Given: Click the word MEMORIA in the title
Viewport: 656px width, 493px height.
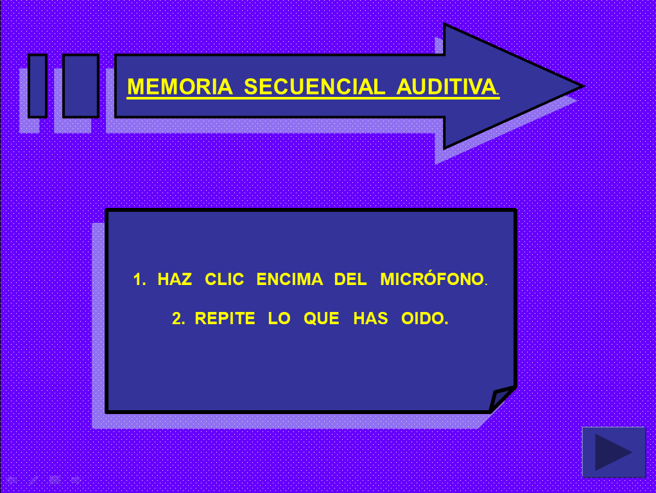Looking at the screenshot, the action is point(180,87).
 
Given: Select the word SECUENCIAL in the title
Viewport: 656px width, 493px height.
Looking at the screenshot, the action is point(314,87).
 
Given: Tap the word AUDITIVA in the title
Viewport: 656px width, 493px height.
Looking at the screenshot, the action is point(446,87).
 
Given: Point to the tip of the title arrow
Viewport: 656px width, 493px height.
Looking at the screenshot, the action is point(583,87).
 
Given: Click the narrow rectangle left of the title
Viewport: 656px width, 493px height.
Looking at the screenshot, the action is point(38,86).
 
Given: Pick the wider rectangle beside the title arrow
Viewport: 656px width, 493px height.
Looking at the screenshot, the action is point(81,86).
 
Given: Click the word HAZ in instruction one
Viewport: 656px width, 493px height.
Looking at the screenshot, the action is point(175,279).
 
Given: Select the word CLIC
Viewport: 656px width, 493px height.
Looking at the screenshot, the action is point(224,279).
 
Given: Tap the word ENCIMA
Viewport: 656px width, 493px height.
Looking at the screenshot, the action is point(289,279).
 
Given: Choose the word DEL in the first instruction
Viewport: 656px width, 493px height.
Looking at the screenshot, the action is point(350,279).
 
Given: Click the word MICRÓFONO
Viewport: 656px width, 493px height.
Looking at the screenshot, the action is point(432,279).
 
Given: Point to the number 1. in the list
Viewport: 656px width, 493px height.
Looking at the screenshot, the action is point(139,279).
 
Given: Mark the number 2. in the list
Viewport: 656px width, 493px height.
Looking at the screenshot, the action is point(178,318).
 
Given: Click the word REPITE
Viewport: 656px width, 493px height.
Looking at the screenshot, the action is point(225,318).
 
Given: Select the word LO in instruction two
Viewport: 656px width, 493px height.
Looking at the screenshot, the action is point(279,318).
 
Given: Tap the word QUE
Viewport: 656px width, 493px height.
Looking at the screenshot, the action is point(322,318).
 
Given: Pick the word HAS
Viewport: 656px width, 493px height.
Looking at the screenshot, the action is point(370,318).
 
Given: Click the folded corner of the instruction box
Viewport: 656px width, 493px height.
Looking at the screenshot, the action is point(501,399).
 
